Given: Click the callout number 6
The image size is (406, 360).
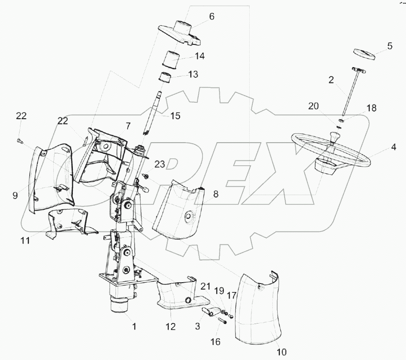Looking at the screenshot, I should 211,16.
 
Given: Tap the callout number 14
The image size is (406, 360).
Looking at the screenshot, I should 199,56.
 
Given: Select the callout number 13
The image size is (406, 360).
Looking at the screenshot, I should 193,74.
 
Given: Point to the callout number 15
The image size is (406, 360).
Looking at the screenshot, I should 175,116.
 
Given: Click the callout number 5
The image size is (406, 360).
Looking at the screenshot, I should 390,45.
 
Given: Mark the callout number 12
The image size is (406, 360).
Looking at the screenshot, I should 171,327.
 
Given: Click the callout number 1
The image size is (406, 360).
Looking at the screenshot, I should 134,327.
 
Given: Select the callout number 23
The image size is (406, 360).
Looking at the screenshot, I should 160,164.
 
